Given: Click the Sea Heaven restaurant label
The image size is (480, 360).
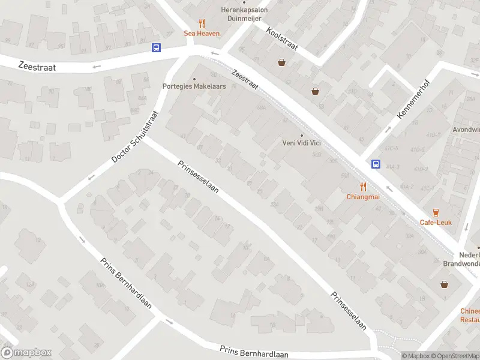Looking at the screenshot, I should (202, 34).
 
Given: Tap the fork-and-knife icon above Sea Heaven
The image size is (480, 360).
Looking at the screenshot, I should (202, 24).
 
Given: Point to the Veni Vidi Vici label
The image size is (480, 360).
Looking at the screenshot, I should (302, 143).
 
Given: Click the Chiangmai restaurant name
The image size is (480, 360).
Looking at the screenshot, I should (362, 196).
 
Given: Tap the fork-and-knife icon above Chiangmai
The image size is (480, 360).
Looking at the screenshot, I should (363, 187).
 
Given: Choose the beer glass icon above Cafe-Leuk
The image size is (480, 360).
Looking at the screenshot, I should (436, 212).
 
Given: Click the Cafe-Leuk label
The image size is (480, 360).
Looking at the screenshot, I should (436, 223).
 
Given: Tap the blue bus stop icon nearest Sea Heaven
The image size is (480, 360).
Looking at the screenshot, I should (156, 47).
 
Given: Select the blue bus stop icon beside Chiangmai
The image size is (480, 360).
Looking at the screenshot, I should (376, 163).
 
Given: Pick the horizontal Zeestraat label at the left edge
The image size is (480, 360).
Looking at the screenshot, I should (37, 67).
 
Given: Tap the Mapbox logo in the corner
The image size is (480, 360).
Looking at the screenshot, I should (26, 353).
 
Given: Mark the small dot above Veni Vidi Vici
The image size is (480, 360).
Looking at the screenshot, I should (302, 135).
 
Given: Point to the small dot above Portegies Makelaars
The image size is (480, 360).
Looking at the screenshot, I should (194, 79).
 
